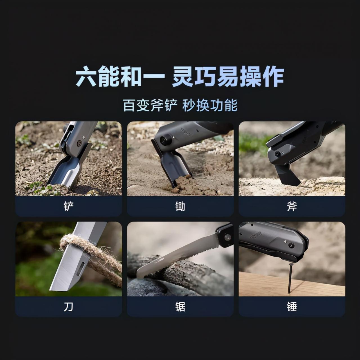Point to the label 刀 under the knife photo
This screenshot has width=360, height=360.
click(69, 307)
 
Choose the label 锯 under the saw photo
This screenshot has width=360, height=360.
click(180, 307)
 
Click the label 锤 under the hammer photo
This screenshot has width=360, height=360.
click(292, 307)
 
